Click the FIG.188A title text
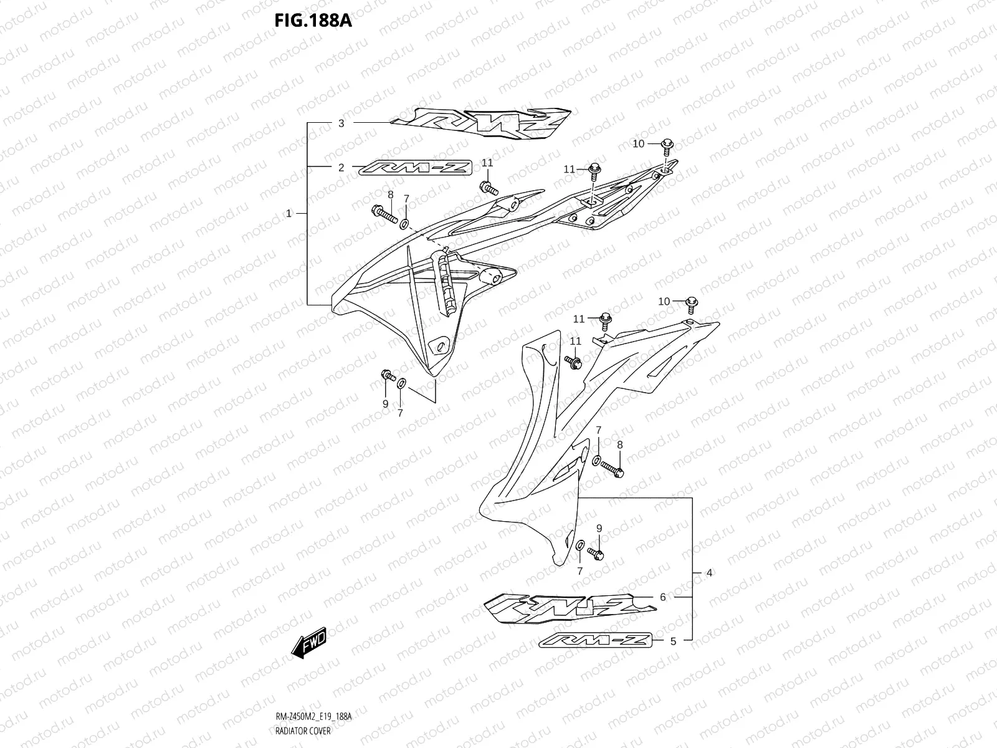coord(313,21)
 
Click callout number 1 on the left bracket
coord(289,213)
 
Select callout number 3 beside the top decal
coord(341,123)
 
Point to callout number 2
coord(341,167)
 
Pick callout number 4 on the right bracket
coord(709,572)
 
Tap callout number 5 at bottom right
coord(673,640)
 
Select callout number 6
coord(662,597)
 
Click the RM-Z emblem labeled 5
coord(595,640)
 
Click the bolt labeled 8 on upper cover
coord(384,214)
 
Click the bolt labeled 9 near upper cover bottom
coord(388,376)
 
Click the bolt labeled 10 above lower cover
coord(691,304)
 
